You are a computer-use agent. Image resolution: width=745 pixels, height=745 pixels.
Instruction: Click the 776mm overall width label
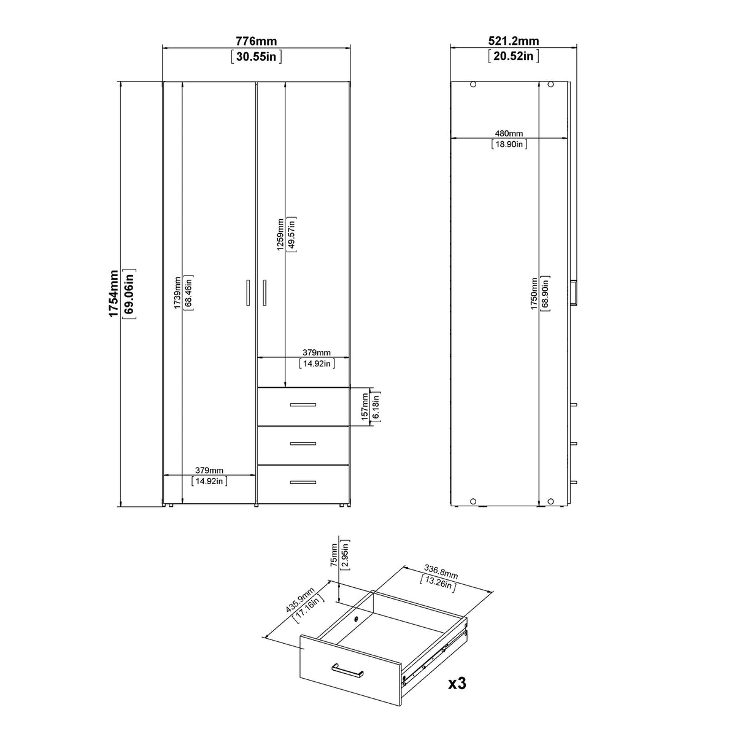(256, 42)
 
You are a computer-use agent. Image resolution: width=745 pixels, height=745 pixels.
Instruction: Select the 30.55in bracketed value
(256, 56)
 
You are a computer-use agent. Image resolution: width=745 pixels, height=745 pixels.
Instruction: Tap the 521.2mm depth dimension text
(513, 42)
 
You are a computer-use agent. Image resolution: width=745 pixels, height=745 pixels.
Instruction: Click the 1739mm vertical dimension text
(177, 293)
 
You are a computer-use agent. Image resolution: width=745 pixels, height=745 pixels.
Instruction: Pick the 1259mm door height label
(280, 234)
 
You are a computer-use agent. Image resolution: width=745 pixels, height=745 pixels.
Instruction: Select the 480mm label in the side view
(509, 133)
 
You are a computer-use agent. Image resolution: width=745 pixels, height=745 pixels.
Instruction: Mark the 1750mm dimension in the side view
(534, 293)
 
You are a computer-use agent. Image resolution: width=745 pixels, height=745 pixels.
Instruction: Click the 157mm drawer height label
(364, 406)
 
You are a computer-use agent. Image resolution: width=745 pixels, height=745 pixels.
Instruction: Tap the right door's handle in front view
(264, 292)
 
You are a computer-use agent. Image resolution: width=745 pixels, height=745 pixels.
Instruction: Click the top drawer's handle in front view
(303, 405)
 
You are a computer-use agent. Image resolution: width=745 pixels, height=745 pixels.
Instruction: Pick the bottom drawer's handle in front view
(303, 483)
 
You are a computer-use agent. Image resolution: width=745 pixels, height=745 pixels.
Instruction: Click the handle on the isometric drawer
(347, 670)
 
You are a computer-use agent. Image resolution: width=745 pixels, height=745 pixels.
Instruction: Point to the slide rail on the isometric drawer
(436, 655)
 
